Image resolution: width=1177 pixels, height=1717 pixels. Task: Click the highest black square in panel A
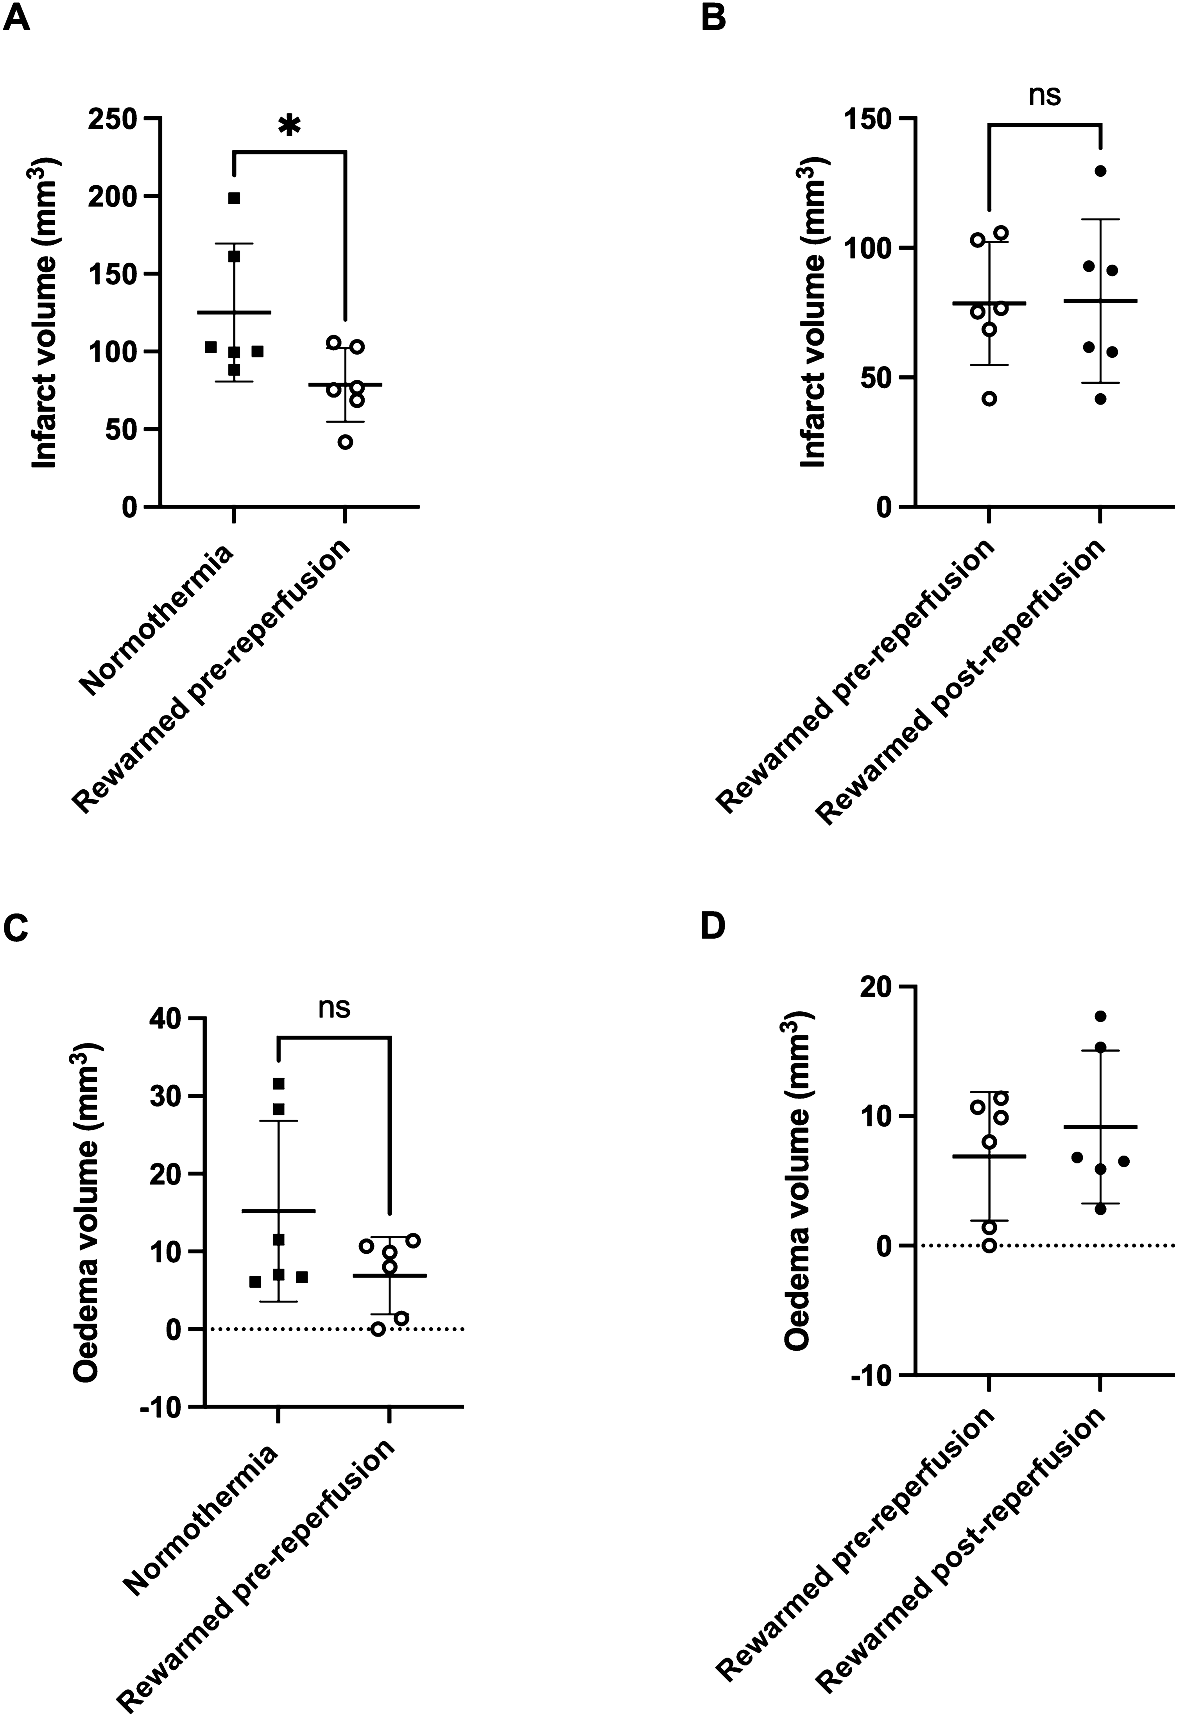tap(234, 198)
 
